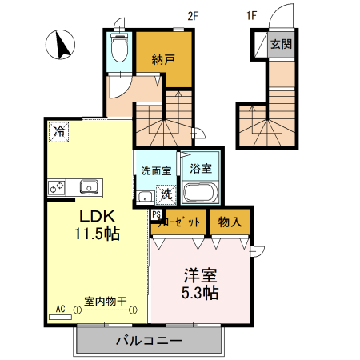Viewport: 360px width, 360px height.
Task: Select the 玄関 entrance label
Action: click(281, 44)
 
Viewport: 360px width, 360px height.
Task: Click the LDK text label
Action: click(98, 217)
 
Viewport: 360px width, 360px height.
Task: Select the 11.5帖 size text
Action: click(98, 234)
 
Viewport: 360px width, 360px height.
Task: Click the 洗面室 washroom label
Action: click(156, 170)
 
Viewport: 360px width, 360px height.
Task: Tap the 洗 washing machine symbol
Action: click(166, 193)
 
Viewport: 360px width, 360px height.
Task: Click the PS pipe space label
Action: click(155, 215)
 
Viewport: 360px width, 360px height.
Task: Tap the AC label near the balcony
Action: click(60, 309)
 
